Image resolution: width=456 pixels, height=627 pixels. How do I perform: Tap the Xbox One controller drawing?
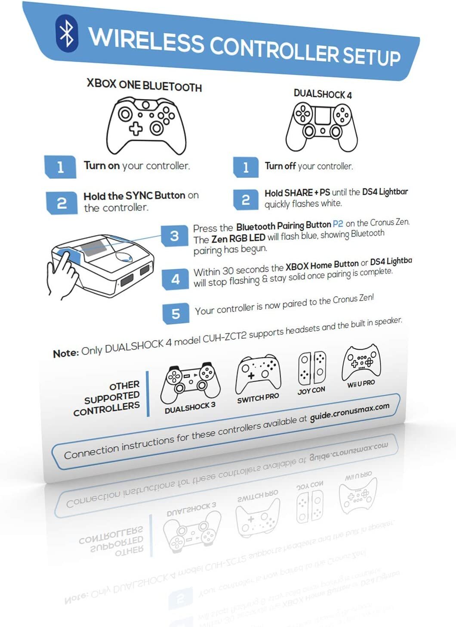click(x=146, y=125)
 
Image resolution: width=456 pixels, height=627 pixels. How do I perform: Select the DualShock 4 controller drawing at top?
click(x=322, y=126)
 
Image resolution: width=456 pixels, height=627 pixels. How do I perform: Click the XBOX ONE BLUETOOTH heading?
click(x=144, y=85)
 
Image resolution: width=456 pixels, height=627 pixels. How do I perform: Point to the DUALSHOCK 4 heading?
click(x=323, y=94)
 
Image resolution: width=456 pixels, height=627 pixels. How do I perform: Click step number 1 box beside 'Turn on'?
click(x=60, y=167)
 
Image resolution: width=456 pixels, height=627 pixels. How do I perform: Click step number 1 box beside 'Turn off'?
click(x=246, y=167)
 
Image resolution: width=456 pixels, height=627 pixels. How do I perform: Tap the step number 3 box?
click(x=174, y=236)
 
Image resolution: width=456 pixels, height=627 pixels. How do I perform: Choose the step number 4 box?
click(x=176, y=279)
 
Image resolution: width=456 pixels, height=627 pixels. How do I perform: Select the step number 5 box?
click(x=176, y=313)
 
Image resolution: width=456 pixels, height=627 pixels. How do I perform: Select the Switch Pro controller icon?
click(x=258, y=374)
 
